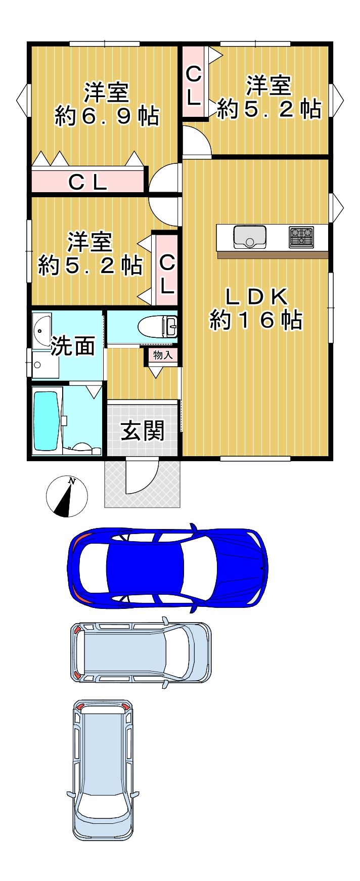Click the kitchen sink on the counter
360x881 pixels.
pos(250,237)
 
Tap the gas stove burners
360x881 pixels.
pos(301,237)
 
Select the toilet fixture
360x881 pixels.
pos(158,326)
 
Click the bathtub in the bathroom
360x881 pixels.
pos(47,421)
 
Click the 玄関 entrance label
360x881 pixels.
pos(143,431)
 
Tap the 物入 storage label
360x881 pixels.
pos(163,355)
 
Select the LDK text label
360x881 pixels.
pos(256,297)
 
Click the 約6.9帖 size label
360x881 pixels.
pos(107,117)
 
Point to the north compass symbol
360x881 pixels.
pos(67,497)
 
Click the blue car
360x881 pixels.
pos(168,567)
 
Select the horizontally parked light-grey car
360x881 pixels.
pos(141,652)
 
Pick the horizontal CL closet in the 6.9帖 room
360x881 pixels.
pos(88,182)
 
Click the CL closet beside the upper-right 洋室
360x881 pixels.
pos(194,82)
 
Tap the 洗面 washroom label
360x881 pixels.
pos(73,346)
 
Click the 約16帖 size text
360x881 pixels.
pos(256,320)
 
